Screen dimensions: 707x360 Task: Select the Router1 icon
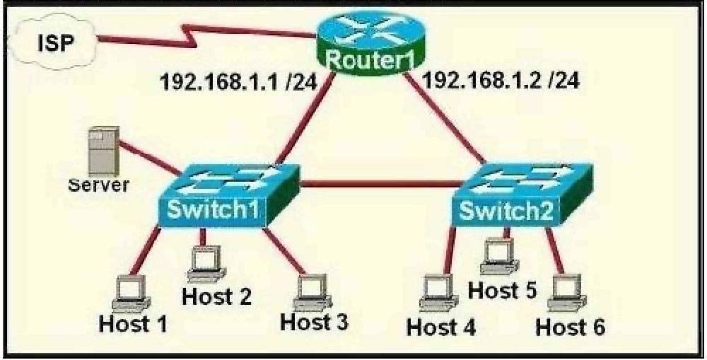click(x=369, y=43)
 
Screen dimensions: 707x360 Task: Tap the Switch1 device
click(x=228, y=195)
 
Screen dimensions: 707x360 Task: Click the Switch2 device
click(x=522, y=195)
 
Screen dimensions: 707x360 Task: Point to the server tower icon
click(x=103, y=151)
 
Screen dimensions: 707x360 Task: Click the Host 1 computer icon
click(x=131, y=294)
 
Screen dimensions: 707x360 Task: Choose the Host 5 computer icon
click(x=499, y=255)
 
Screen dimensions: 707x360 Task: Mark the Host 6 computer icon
click(x=567, y=293)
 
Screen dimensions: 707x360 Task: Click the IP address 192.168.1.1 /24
click(x=238, y=83)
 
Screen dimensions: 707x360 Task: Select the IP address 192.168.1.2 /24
click(x=501, y=81)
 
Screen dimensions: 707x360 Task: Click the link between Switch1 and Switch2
click(x=382, y=184)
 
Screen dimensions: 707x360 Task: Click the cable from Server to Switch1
click(x=149, y=158)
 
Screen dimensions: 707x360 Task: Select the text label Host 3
click(x=314, y=322)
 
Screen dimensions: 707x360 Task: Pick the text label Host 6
click(x=570, y=327)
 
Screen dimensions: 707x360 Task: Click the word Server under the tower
click(x=98, y=185)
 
